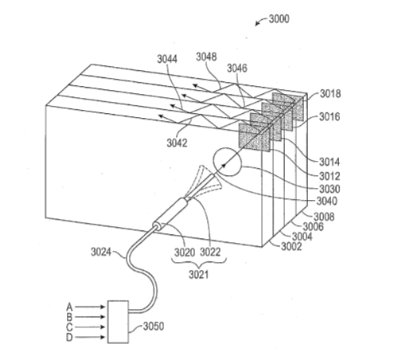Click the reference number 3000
[279, 19]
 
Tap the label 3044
[167, 59]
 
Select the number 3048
[206, 57]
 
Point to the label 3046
[237, 68]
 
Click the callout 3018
[330, 94]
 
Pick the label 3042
[177, 143]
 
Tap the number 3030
[330, 189]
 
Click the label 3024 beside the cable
[101, 252]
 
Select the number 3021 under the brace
[199, 275]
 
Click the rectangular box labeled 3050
[118, 322]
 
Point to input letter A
[69, 307]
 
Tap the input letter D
[69, 338]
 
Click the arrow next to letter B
[90, 317]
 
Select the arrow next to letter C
[90, 327]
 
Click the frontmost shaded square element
[254, 137]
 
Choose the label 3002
[291, 246]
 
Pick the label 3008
[324, 217]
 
